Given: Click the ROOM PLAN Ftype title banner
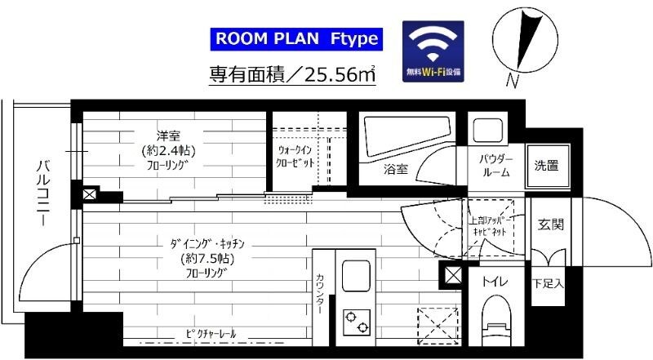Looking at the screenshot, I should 296,39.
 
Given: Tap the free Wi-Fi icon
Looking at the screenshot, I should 433,49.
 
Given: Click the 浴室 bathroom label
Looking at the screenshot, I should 397,170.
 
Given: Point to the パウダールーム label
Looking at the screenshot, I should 495,165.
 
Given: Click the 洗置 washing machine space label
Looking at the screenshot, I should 546,166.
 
